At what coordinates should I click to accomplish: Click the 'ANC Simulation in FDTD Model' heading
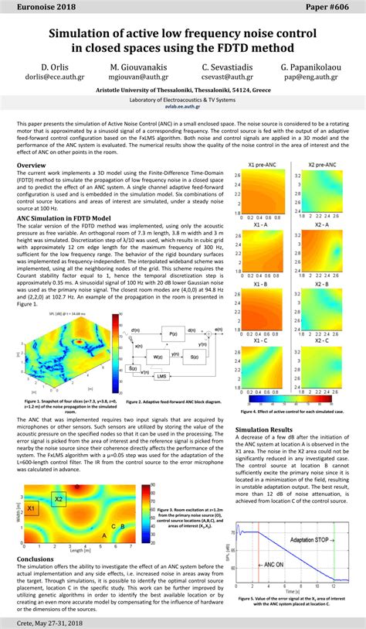pyautogui.click(x=66, y=218)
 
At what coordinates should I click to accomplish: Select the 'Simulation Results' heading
pyautogui.click(x=264, y=429)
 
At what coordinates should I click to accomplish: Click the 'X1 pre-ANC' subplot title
pyautogui.click(x=263, y=166)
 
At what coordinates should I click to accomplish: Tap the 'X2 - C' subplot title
pyautogui.click(x=320, y=339)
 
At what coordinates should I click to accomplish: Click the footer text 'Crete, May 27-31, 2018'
pyautogui.click(x=46, y=621)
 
